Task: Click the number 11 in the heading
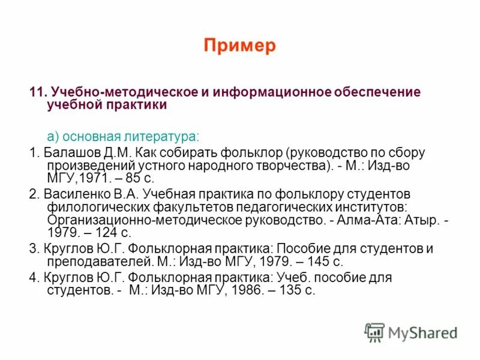pos(38,92)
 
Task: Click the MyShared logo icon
pos(375,332)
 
